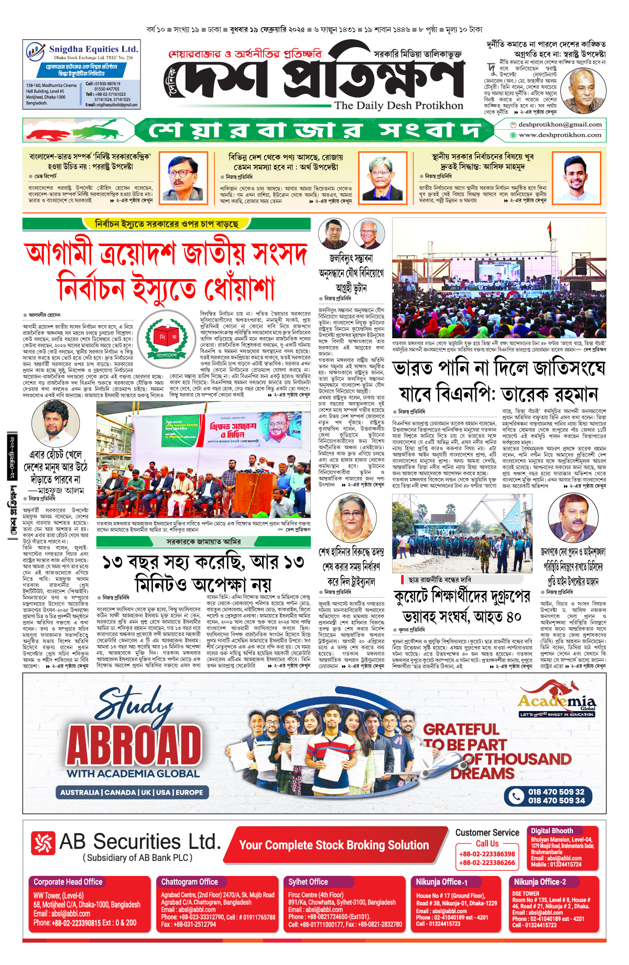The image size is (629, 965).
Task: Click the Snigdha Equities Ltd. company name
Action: pyautogui.click(x=93, y=49)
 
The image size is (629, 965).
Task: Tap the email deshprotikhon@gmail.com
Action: pyautogui.click(x=560, y=125)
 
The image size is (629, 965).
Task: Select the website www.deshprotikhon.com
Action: pyautogui.click(x=560, y=135)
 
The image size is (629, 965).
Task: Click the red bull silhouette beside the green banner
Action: pyautogui.click(x=60, y=135)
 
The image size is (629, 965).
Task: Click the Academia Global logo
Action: pyautogui.click(x=557, y=700)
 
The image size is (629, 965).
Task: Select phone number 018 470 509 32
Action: pyautogui.click(x=556, y=792)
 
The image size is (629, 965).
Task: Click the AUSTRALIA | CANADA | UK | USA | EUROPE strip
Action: pyautogui.click(x=132, y=792)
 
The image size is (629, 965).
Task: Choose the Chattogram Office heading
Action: pyautogui.click(x=189, y=882)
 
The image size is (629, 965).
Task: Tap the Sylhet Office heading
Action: pyautogui.click(x=308, y=882)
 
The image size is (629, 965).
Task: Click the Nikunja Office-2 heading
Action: pyautogui.click(x=540, y=882)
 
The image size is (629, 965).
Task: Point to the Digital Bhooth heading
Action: pyautogui.click(x=552, y=831)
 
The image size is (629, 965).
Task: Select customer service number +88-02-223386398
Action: pyautogui.click(x=487, y=854)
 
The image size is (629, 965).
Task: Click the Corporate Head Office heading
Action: pyautogui.click(x=68, y=882)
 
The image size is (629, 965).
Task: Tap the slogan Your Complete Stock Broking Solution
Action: pyautogui.click(x=334, y=845)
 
